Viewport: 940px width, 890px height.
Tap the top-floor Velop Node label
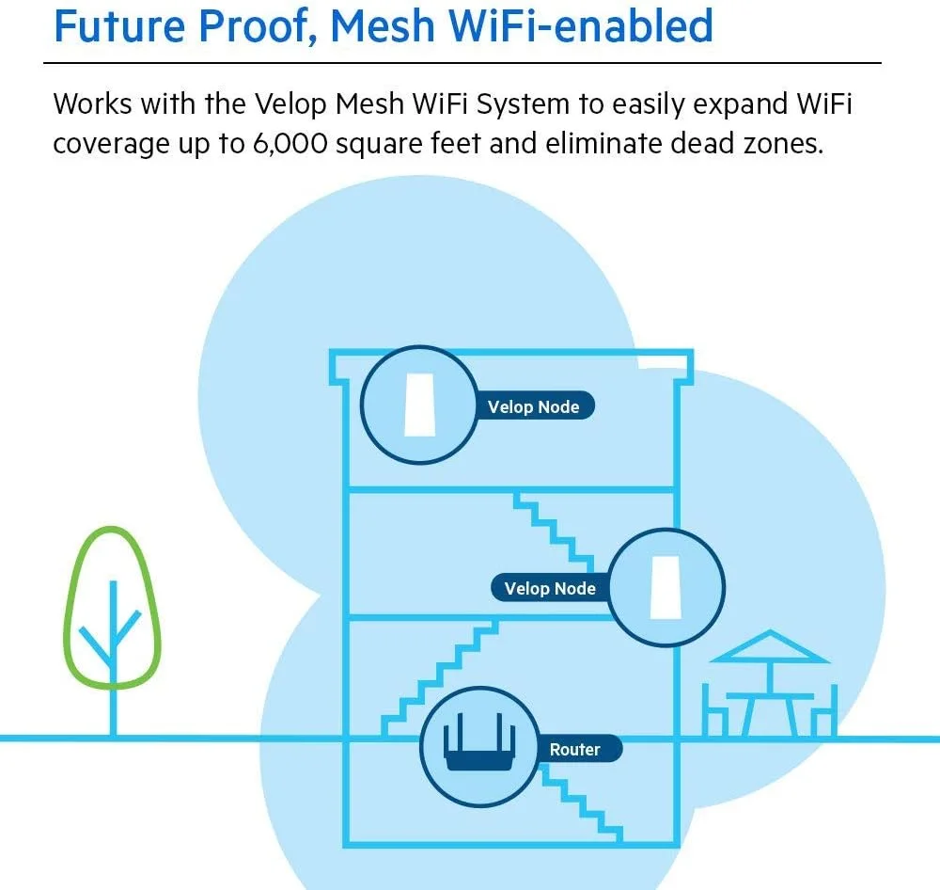(x=533, y=407)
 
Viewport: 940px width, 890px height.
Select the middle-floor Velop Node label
(x=550, y=589)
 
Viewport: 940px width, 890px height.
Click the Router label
(x=574, y=750)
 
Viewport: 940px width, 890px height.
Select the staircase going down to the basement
(x=583, y=795)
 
